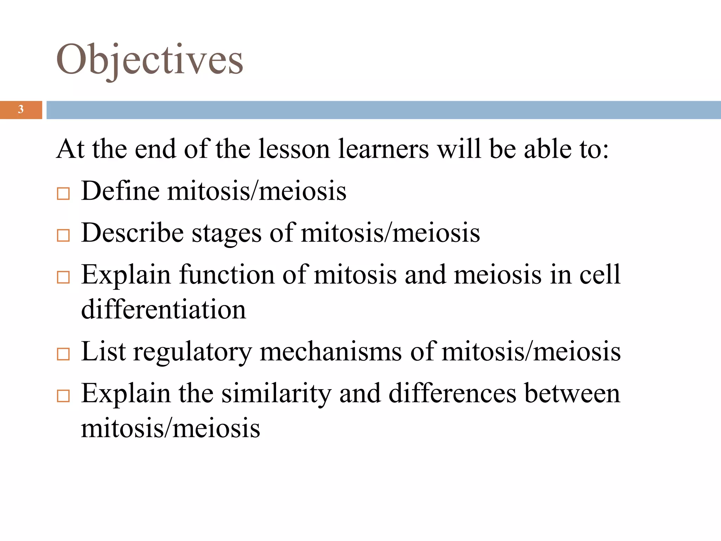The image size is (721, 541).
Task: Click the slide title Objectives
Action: coord(150,60)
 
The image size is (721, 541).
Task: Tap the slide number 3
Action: coord(21,110)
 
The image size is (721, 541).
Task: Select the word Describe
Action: coord(132,233)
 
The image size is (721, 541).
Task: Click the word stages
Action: coord(226,234)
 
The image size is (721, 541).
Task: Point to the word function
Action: coord(227,274)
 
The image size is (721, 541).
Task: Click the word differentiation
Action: coord(163,309)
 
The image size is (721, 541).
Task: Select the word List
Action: coord(103,351)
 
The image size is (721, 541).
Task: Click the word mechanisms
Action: coord(330,351)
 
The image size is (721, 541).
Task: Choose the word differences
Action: coord(452,393)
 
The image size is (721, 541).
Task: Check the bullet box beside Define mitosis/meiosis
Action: coord(63,194)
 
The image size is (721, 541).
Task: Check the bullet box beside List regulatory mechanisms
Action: coord(63,354)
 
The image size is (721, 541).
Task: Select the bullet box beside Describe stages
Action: coord(63,235)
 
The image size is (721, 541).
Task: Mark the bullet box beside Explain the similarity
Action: coord(63,396)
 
